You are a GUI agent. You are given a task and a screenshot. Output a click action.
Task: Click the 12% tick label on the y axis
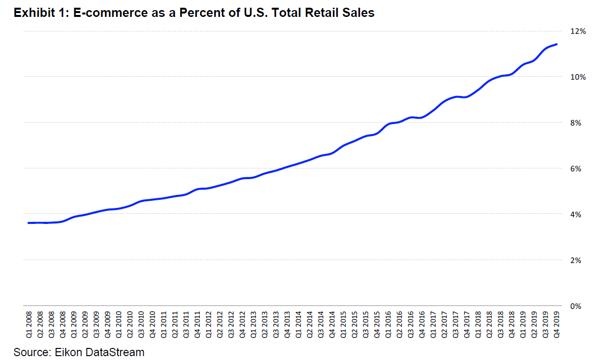coord(578,31)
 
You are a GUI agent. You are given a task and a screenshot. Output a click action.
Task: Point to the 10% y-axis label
coord(578,77)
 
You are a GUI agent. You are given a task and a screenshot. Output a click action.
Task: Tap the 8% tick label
coord(579,123)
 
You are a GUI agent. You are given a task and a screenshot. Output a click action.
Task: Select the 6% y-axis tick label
coord(579,168)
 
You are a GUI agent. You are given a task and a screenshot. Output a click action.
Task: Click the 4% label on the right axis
coord(579,214)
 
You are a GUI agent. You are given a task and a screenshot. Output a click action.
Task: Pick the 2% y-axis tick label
coord(579,260)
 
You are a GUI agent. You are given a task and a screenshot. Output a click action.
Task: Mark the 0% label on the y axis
coord(579,306)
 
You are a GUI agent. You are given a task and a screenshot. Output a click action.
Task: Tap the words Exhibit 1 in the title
coord(39,13)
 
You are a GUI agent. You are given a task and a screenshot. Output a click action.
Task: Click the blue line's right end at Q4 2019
coord(557,44)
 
